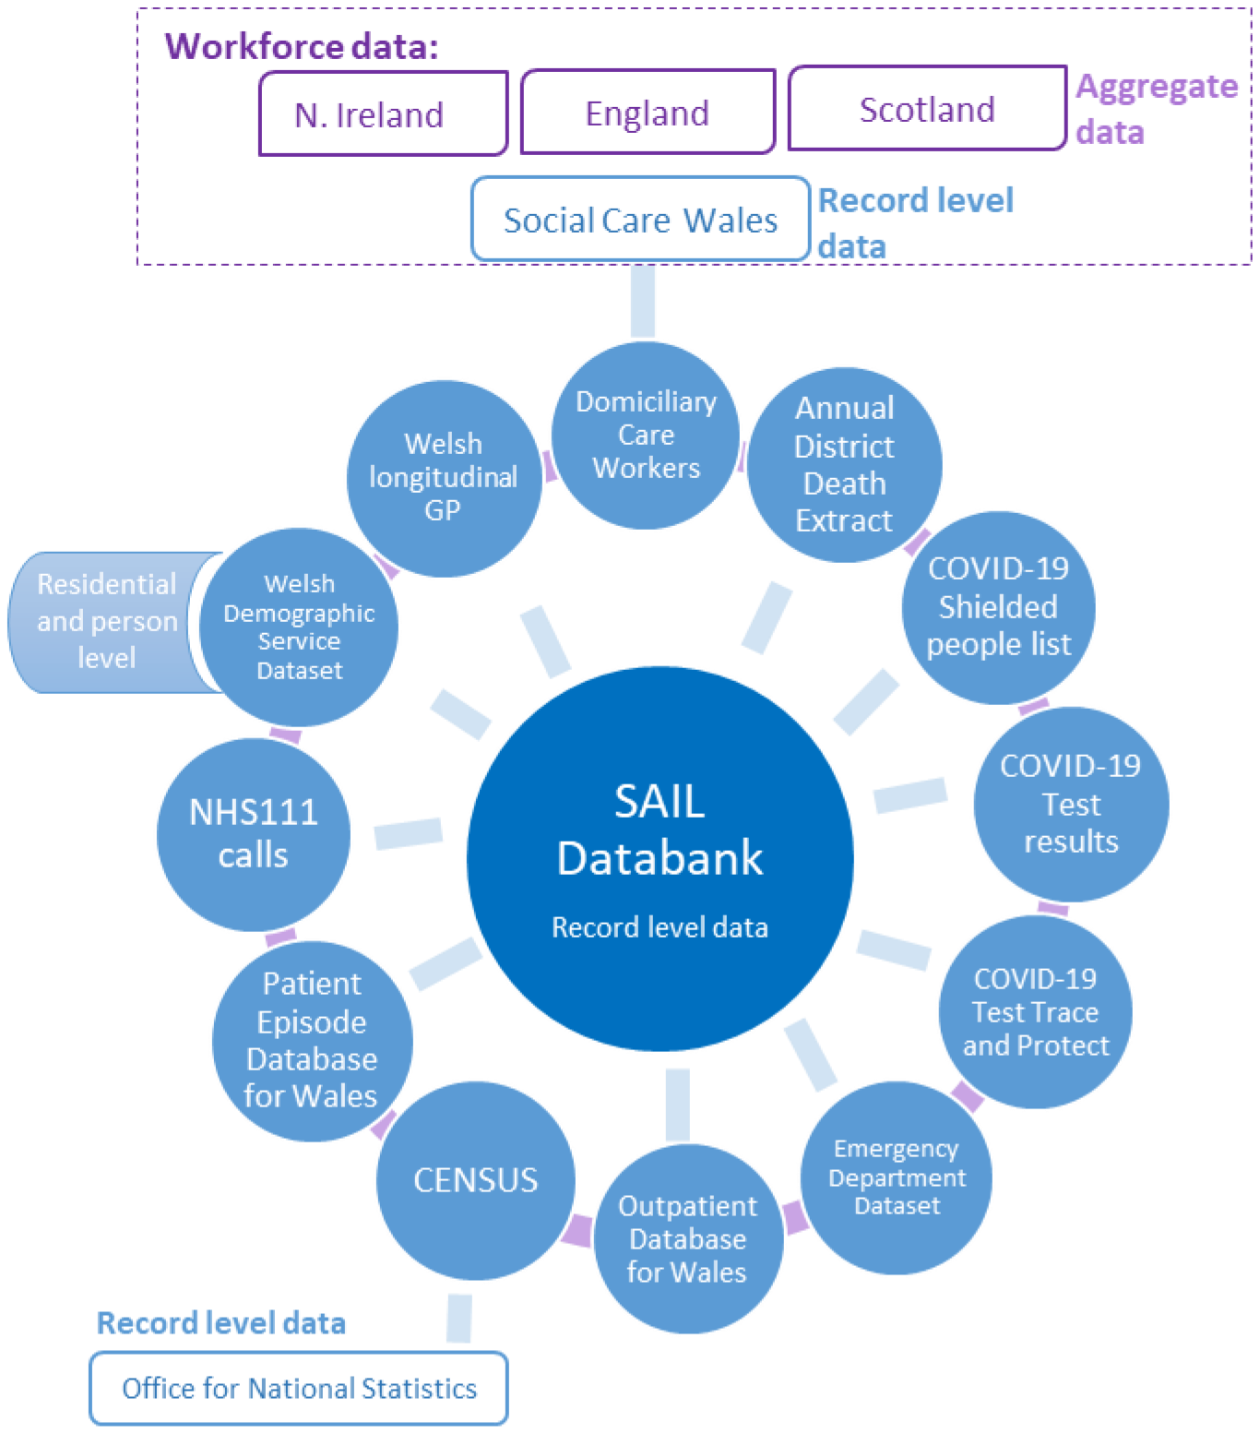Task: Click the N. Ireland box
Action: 384,114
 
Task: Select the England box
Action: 648,112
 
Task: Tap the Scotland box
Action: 927,108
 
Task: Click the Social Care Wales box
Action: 640,219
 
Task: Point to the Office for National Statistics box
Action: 299,1388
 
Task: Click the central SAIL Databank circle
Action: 660,858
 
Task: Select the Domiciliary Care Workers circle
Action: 646,435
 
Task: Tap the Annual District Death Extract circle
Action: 844,464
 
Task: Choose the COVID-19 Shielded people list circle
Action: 998,607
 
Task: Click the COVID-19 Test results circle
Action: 1071,804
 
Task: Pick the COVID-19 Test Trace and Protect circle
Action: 1035,1011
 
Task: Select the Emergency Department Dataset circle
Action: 897,1177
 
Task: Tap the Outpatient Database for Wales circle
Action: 687,1238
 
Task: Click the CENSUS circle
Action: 476,1180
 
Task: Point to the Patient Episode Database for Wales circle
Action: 312,1040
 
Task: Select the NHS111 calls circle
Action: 254,834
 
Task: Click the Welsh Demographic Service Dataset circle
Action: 298,627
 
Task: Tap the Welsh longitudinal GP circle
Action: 444,478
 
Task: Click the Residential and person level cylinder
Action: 106,622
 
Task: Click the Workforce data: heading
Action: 302,45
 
